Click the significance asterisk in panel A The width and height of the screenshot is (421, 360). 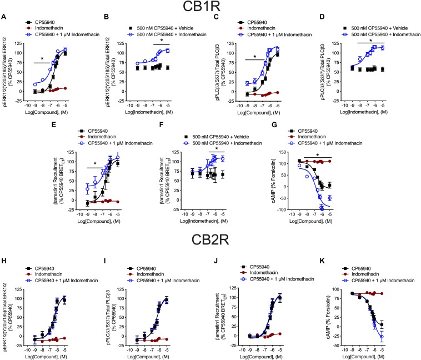pos(42,58)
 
